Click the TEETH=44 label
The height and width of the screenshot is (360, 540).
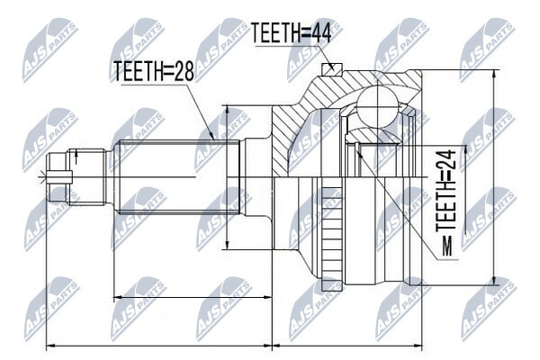pos(292,33)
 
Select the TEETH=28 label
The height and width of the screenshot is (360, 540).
pos(154,71)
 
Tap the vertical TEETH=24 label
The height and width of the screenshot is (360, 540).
pos(446,191)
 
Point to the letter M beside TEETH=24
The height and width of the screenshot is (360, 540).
pos(446,247)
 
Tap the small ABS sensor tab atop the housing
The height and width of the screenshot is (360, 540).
pos(331,69)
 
